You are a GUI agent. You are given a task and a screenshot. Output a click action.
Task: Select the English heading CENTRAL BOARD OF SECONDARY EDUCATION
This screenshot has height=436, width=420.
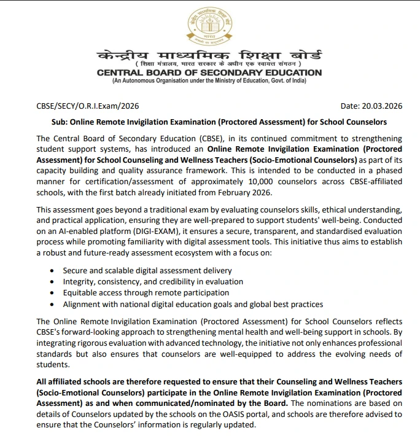[209, 72]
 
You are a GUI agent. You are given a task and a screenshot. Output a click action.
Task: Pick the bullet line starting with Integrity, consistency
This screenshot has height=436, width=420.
[153, 282]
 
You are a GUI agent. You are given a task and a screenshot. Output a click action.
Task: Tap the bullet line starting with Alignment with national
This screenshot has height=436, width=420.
[193, 304]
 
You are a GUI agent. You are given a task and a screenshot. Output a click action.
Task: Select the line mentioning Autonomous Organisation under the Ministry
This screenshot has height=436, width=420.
[209, 81]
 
